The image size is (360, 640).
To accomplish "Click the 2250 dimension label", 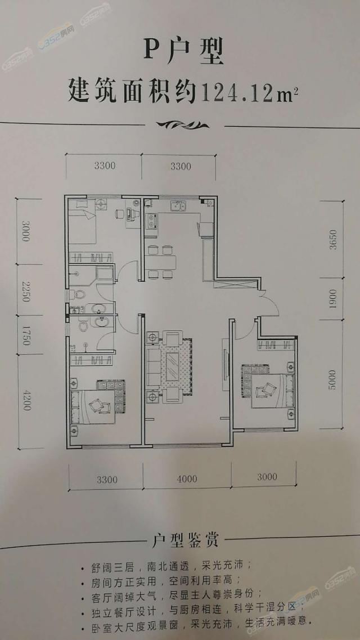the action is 26,291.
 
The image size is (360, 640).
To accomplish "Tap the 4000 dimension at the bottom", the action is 187,477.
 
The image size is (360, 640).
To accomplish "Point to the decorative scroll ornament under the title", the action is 183,125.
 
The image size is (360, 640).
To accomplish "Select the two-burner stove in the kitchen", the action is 152,221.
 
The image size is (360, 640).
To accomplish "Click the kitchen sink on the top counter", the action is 178,205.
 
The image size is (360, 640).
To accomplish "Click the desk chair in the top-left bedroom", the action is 120,214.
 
